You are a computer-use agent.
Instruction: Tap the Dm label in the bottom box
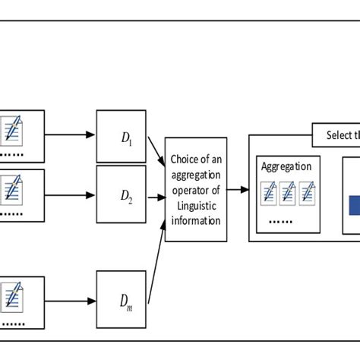click(126, 302)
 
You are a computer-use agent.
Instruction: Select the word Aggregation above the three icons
click(286, 166)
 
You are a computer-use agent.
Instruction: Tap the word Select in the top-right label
click(338, 135)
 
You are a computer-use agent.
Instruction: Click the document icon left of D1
click(13, 130)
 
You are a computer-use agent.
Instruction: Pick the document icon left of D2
click(13, 188)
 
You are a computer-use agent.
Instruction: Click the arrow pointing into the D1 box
click(71, 135)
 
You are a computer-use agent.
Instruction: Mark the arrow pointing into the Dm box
click(71, 302)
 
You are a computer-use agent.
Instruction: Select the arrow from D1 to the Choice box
click(156, 153)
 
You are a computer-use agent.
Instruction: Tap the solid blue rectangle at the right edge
click(354, 207)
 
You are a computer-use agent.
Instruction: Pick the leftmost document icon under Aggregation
click(270, 194)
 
